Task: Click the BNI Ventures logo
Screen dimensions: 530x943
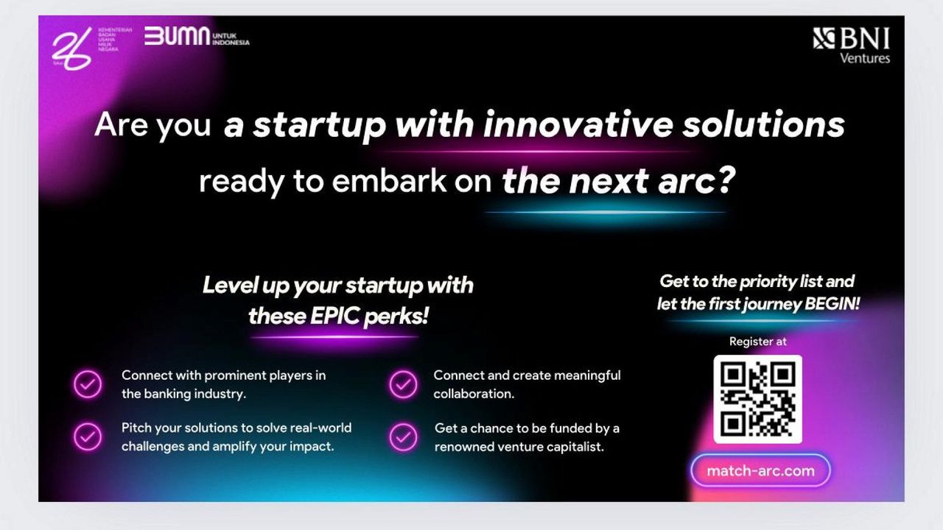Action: click(852, 46)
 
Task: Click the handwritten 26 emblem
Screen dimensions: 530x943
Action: click(72, 49)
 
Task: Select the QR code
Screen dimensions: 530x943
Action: click(757, 399)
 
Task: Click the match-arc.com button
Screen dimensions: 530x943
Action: click(760, 471)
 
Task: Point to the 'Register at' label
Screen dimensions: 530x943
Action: click(757, 342)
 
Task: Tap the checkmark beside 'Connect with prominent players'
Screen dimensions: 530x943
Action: click(88, 384)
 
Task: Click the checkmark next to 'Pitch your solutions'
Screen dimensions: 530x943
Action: click(88, 437)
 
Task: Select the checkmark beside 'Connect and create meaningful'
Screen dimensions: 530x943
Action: click(403, 384)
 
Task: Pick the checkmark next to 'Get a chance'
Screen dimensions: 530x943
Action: click(403, 437)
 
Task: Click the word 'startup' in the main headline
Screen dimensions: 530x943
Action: click(320, 126)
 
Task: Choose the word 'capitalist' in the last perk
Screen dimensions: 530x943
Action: click(569, 446)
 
